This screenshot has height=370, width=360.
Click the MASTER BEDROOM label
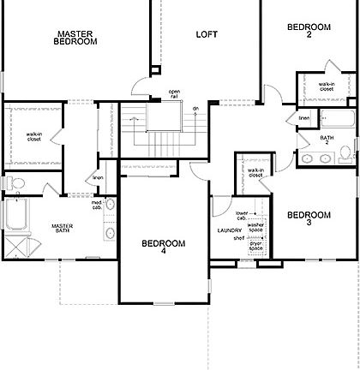point(75,38)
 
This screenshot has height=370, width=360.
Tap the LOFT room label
point(207,34)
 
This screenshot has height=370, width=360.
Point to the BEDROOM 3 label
point(309,218)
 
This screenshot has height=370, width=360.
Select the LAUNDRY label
point(229,230)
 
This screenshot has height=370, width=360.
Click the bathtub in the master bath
point(15,215)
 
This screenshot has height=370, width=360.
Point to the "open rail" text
point(174,93)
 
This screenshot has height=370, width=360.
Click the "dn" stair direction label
point(195,109)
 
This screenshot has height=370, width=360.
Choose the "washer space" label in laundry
point(255,227)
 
